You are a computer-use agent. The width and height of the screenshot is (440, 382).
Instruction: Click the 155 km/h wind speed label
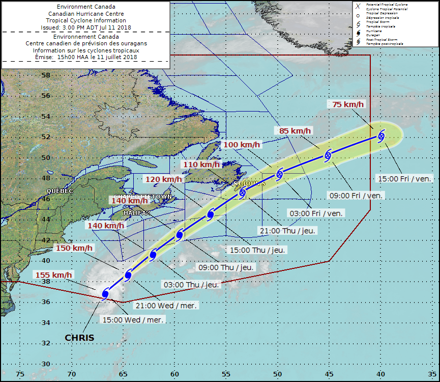pos(53,275)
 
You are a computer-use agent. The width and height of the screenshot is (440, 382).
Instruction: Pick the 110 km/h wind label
pos(201,164)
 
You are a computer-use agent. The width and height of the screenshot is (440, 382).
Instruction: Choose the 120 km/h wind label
pos(163,179)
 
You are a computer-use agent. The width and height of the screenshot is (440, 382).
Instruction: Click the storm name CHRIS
pos(79,338)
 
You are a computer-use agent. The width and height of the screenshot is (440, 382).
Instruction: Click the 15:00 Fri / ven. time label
pos(405,178)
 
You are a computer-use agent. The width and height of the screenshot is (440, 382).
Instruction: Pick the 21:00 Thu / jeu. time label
pos(288,230)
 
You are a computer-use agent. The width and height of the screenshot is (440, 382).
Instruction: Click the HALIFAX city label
pos(138,213)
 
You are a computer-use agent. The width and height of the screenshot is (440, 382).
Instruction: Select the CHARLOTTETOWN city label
pos(143,197)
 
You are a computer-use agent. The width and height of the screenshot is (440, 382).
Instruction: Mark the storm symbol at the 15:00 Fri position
pos(381,135)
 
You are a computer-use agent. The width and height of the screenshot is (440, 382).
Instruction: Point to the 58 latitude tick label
pos(45,75)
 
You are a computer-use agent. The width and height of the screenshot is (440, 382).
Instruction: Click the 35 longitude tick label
pos(432,374)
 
